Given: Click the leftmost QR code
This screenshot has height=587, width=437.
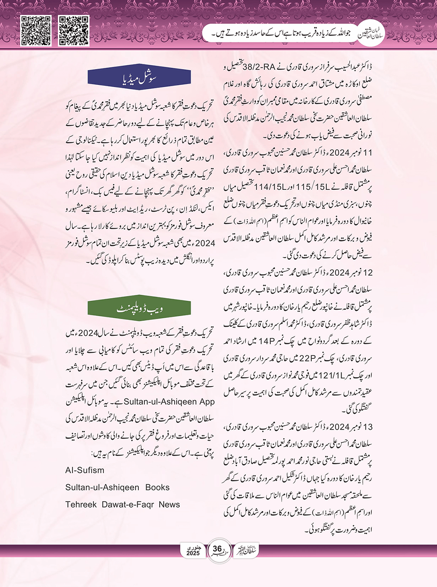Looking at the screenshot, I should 36,31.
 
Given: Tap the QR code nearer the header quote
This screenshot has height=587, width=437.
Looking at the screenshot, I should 74,31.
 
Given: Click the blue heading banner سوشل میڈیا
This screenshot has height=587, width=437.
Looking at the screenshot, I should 139,78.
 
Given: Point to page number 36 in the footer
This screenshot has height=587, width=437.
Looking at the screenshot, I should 218,549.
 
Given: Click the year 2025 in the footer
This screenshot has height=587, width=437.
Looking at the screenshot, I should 193,553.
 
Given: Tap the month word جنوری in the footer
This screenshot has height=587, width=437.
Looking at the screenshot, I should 193,547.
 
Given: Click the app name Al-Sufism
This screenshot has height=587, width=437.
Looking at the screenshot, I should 85,470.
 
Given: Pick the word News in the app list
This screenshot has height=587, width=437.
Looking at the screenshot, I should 169,504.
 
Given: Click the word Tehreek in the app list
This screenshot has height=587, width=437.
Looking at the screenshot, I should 81,504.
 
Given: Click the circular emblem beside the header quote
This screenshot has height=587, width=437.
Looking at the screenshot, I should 371,32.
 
